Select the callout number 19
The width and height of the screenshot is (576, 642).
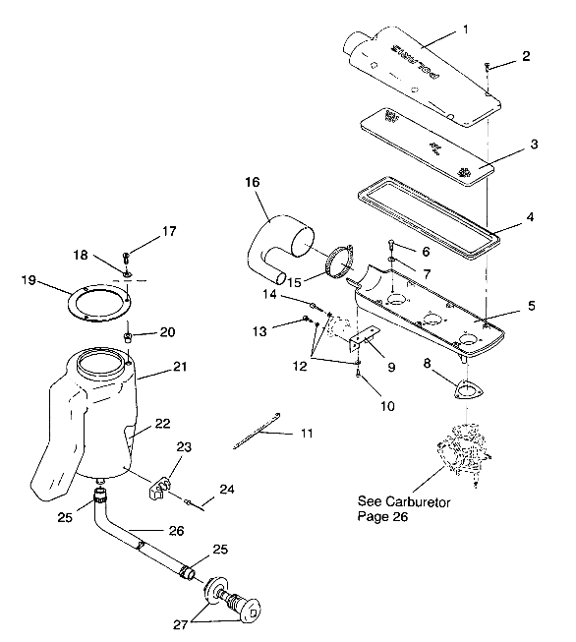click(x=30, y=281)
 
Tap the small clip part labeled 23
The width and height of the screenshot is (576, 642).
click(x=160, y=486)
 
